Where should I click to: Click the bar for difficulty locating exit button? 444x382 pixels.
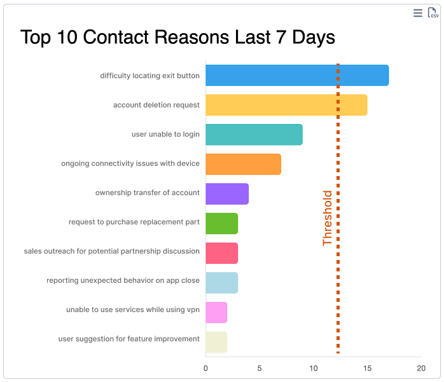296,76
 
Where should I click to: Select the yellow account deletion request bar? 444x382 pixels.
286,105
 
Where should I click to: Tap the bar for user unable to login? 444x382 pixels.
254,134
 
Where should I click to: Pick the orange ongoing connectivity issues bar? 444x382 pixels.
243,163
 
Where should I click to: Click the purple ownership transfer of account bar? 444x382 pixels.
227,193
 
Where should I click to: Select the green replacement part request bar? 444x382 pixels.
221,222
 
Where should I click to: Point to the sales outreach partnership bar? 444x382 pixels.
221,251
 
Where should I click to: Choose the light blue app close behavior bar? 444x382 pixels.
221,280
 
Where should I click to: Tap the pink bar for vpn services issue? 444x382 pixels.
216,310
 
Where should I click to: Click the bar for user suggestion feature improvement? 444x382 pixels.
216,339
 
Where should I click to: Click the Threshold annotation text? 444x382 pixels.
328,218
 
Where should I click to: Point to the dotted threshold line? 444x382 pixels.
338,286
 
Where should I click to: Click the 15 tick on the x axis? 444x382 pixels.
367,368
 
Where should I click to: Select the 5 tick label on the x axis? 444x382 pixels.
260,368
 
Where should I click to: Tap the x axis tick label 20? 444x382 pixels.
420,368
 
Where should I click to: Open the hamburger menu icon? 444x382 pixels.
417,13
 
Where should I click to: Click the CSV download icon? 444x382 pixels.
433,13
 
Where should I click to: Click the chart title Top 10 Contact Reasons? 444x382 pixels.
177,37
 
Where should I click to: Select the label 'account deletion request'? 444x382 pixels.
156,105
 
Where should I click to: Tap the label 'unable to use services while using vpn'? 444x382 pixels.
133,310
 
